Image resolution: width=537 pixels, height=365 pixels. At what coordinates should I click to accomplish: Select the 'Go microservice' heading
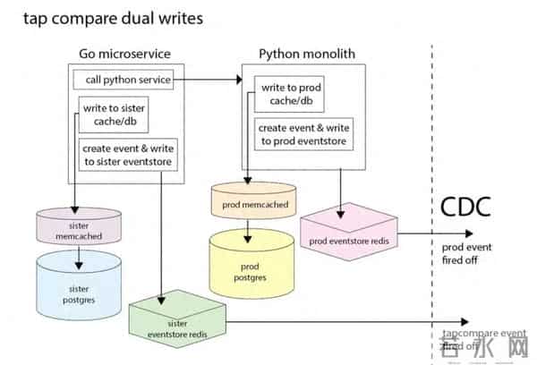pos(124,54)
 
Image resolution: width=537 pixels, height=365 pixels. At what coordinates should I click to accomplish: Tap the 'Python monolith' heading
pos(306,54)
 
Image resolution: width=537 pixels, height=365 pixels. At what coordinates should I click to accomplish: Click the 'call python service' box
pos(123,80)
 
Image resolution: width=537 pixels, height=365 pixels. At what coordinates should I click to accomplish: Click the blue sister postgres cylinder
pos(79,284)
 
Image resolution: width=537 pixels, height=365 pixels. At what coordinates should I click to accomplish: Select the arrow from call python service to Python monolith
pos(207,80)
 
